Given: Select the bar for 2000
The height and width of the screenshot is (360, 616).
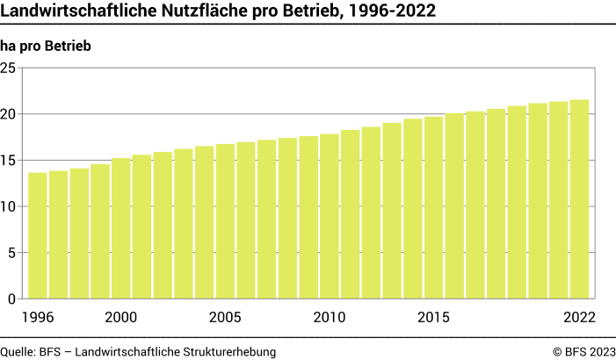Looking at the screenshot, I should tap(121, 228).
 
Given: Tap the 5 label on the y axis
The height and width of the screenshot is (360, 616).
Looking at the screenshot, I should tap(12, 253).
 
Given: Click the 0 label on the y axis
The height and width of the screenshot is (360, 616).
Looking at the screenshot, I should tap(12, 299).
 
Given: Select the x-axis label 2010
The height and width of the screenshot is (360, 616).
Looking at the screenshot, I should tap(330, 317).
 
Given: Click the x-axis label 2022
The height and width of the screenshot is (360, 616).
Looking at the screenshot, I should tap(580, 317).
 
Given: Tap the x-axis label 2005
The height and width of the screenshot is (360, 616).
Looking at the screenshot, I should tap(225, 317).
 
